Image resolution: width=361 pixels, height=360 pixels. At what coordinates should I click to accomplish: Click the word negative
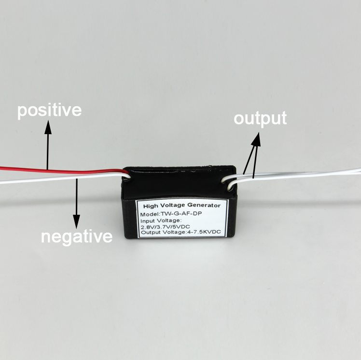coord(77,237)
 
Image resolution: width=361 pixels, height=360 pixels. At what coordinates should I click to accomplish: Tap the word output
coord(260,119)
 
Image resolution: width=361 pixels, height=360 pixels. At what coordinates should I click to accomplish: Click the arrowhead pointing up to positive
coord(48,127)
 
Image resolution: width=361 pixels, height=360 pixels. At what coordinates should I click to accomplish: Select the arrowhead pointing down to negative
coord(76,222)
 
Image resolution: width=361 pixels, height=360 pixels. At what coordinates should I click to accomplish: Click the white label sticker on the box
coord(181,218)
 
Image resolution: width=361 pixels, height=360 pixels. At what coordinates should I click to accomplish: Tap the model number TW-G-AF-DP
coord(181,214)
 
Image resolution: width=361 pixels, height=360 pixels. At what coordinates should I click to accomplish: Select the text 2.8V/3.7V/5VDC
coord(165,227)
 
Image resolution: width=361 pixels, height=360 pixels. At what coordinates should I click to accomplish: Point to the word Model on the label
coord(150,214)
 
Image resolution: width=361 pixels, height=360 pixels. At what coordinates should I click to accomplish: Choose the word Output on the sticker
coord(151,232)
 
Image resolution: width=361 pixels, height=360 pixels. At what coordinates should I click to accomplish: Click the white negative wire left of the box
coord(62,178)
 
